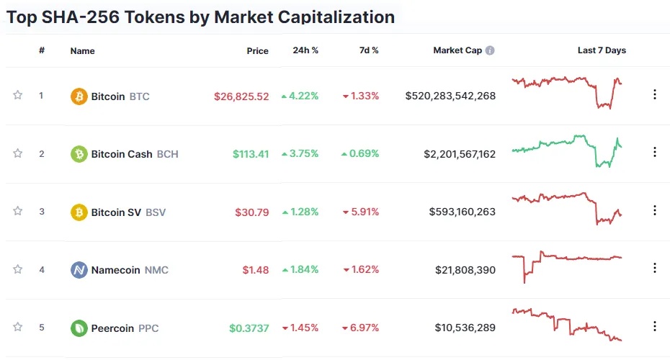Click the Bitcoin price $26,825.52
click(x=241, y=96)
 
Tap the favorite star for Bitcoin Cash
click(x=17, y=153)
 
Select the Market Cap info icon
click(x=490, y=50)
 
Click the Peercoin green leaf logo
click(x=79, y=328)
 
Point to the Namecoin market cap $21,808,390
click(x=465, y=270)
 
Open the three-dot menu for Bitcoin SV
click(x=655, y=210)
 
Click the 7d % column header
click(x=369, y=50)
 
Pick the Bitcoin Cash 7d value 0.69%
click(x=359, y=154)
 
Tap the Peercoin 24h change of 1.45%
click(x=300, y=328)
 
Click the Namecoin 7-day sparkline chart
click(x=567, y=265)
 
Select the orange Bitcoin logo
click(x=79, y=96)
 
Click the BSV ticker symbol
click(x=156, y=212)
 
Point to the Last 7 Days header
click(x=602, y=50)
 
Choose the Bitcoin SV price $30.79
click(x=251, y=212)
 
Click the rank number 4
click(x=42, y=269)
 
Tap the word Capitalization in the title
click(x=336, y=17)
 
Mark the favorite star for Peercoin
click(x=17, y=327)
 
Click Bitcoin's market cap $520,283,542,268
click(x=450, y=96)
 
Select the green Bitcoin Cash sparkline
click(x=567, y=150)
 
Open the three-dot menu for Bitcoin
click(x=655, y=94)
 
